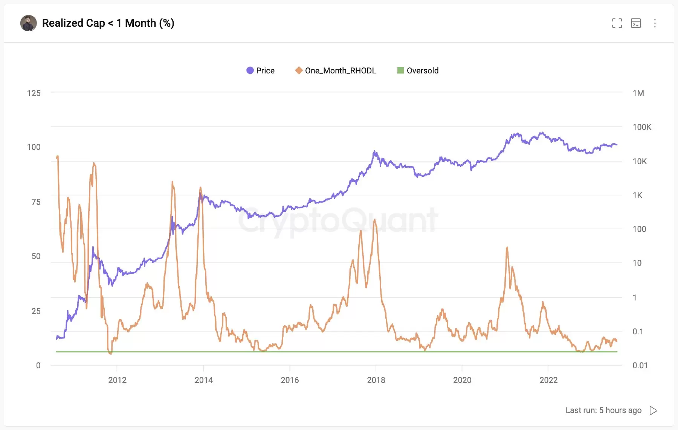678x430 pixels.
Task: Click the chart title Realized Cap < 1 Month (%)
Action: (108, 23)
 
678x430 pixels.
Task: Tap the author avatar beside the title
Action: (28, 23)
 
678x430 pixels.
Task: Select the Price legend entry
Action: (261, 70)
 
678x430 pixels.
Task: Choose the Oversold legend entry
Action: (418, 70)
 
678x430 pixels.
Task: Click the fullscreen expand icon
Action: (617, 23)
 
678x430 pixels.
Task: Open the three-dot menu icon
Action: (655, 23)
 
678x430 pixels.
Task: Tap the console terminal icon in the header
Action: (636, 23)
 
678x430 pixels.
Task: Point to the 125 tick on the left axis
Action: (34, 93)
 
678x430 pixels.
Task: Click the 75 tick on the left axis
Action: (36, 202)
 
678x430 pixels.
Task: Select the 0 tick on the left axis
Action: (38, 365)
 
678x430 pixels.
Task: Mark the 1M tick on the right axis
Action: (638, 93)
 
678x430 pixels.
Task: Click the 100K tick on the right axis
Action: (641, 127)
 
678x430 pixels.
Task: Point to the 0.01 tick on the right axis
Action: (640, 365)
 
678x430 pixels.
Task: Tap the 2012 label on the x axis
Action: (117, 380)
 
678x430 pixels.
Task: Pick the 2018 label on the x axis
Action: (376, 380)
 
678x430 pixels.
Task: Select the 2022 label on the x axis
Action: (548, 380)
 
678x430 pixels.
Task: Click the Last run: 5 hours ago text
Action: (603, 410)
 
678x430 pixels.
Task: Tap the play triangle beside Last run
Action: (654, 410)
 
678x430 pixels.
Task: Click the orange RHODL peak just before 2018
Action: (374, 220)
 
